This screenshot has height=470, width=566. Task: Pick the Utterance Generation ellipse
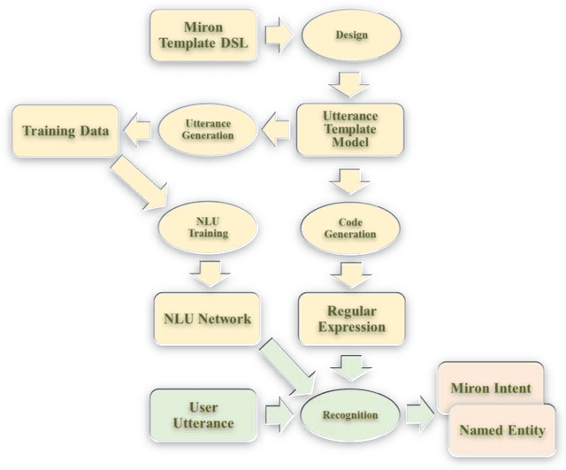click(209, 132)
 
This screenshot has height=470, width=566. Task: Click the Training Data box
click(65, 132)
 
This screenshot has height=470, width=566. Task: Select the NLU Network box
click(207, 319)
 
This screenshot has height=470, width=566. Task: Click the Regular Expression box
click(351, 319)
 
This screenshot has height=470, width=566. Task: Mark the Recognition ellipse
click(351, 415)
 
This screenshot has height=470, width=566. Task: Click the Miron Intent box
click(491, 389)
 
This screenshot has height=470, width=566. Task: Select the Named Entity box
click(501, 430)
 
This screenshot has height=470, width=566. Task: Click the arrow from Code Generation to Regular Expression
click(351, 274)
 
